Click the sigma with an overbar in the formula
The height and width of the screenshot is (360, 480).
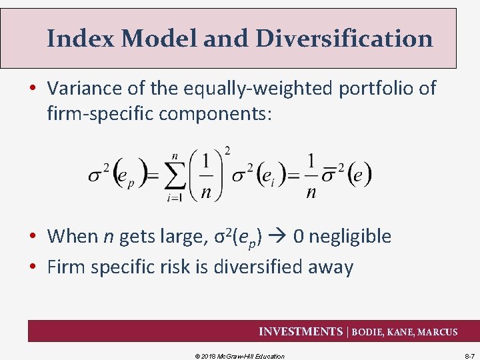pos(327,175)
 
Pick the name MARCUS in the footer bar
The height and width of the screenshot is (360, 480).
pos(437,332)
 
